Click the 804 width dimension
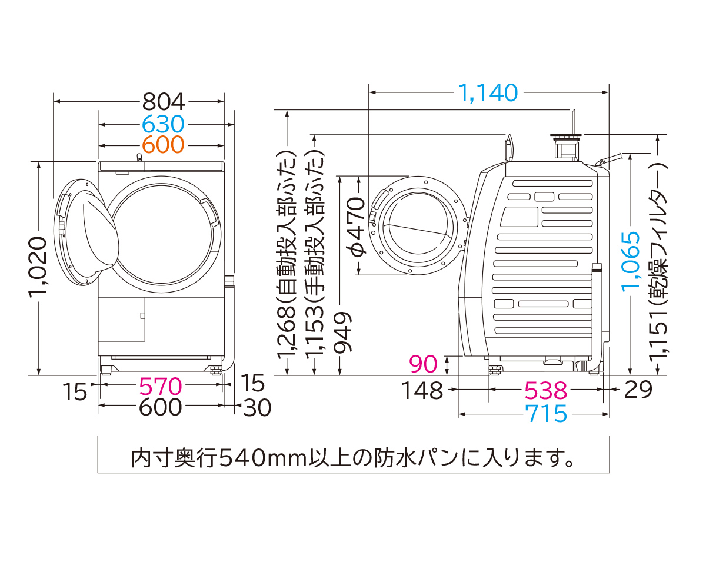click(x=164, y=102)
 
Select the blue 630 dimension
click(x=164, y=124)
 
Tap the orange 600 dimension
click(x=164, y=144)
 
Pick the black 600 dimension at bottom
click(x=161, y=407)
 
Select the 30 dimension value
click(x=257, y=407)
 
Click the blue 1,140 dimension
click(x=488, y=92)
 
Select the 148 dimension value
click(x=423, y=390)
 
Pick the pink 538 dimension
click(x=545, y=390)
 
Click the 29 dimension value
click(x=637, y=390)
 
